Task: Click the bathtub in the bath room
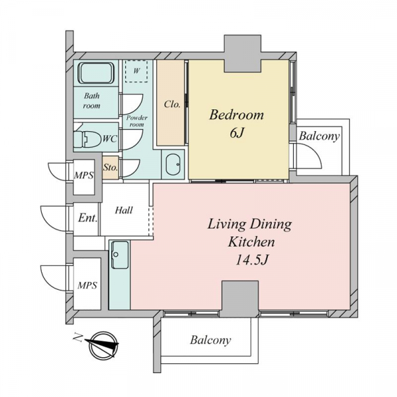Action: coord(97,73)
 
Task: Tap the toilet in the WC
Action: coord(87,139)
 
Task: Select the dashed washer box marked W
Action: coord(136,71)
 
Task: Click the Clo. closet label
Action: coord(172,104)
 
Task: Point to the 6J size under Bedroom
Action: coord(236,133)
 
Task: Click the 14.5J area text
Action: coord(251,259)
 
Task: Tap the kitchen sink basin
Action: coord(120,255)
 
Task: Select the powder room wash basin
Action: coord(173,164)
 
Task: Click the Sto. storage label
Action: coord(110,167)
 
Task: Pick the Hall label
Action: coord(124,210)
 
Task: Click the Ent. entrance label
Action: coord(87,218)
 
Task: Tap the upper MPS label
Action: coord(83,175)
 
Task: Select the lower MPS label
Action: coord(87,285)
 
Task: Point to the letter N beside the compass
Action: coord(77,337)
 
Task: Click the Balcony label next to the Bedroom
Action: coord(319,136)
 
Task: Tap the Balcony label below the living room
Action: coord(210,340)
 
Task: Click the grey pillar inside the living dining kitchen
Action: coord(240,299)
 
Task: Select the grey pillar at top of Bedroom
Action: coord(243,54)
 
